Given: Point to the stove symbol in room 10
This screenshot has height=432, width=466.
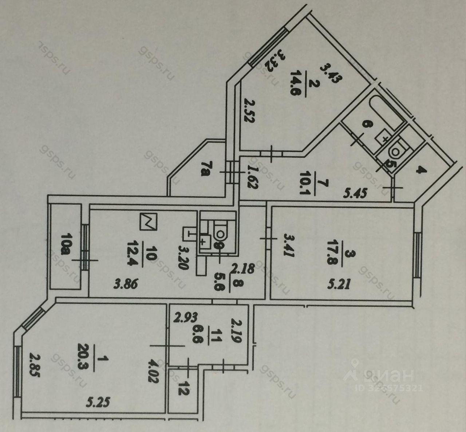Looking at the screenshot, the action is point(148,221).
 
